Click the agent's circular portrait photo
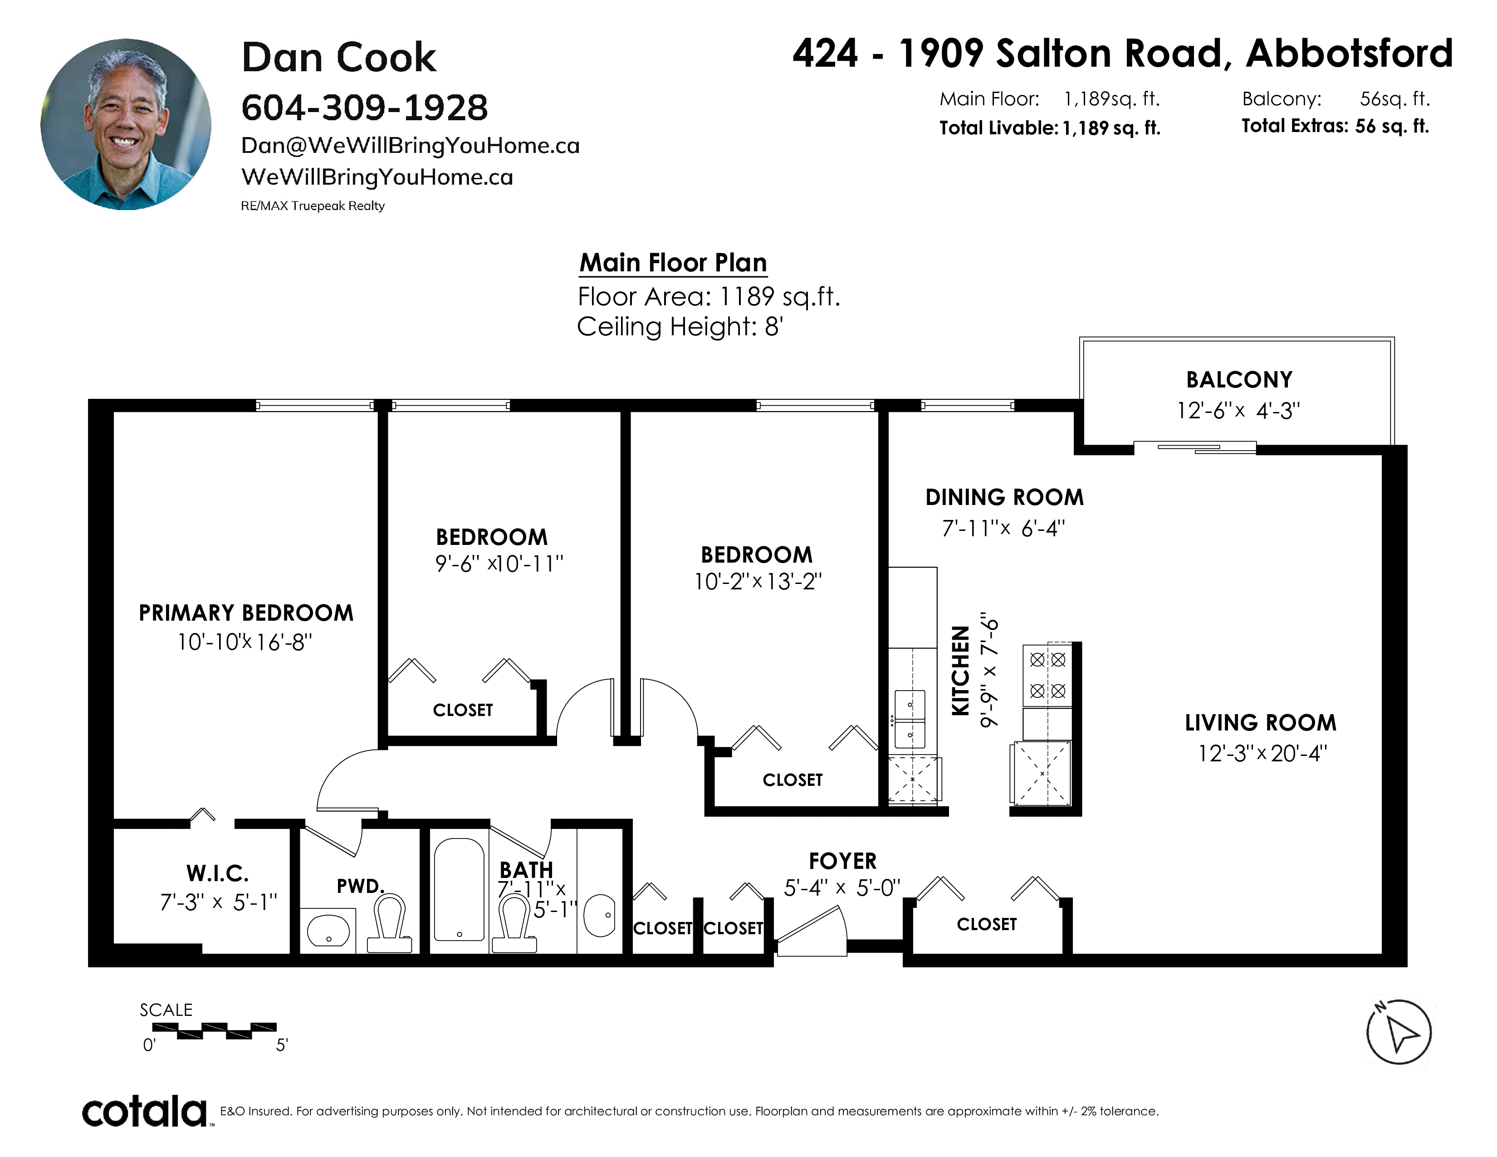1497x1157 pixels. coord(126,124)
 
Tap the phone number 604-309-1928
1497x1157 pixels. coord(365,108)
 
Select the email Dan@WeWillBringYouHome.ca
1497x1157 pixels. coord(411,145)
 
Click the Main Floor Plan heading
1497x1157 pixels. coord(673,263)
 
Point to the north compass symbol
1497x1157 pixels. coord(1399,1032)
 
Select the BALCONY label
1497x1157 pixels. coord(1239,380)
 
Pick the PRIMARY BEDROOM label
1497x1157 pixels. coord(246,613)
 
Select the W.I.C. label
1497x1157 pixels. coord(217,873)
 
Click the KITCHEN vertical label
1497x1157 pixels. coord(961,670)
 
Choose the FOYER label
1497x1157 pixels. coord(842,861)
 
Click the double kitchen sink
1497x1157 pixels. coord(910,719)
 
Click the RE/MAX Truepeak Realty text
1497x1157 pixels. coord(313,206)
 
